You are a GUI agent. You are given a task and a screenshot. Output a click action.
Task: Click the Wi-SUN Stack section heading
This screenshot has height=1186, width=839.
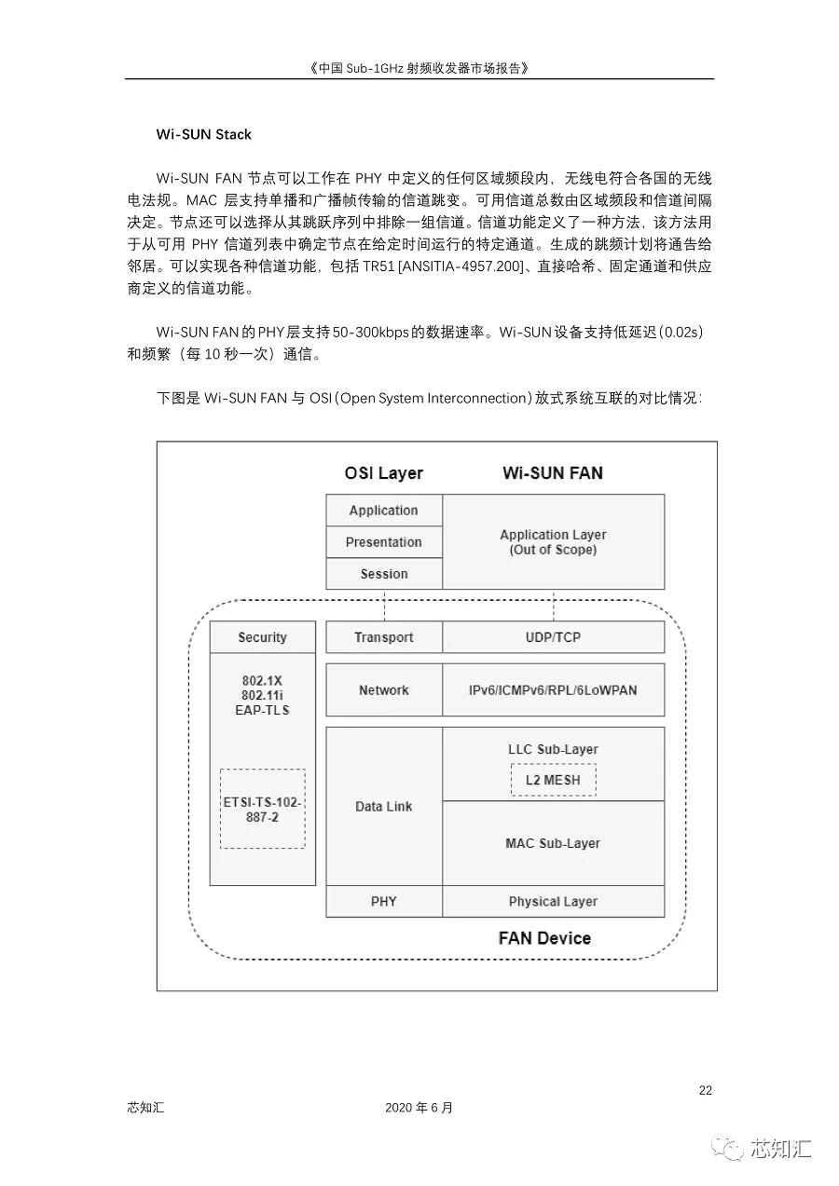[x=203, y=134]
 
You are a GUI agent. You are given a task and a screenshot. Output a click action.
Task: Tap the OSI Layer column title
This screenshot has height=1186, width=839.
[x=383, y=473]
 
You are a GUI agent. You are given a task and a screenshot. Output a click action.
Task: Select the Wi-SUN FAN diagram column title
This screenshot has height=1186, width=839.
[x=553, y=473]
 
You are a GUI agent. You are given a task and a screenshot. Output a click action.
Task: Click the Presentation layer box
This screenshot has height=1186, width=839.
[x=383, y=542]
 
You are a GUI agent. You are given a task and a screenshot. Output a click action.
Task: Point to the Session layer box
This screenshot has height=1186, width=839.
[x=383, y=574]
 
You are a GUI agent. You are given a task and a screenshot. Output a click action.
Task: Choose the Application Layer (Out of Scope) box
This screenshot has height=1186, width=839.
[x=553, y=542]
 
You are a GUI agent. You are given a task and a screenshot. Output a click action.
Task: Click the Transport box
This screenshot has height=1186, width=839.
[x=383, y=637]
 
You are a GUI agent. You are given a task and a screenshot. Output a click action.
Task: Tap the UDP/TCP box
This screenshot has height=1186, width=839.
[x=553, y=637]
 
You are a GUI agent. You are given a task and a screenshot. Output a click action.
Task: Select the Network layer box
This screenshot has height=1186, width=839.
[x=383, y=690]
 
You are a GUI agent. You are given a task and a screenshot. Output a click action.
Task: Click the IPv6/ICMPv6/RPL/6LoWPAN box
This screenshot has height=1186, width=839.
[x=553, y=690]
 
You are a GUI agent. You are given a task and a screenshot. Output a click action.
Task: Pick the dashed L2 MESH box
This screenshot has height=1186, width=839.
[x=553, y=780]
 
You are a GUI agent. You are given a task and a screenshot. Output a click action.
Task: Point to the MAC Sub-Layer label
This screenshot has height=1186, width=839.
[x=553, y=843]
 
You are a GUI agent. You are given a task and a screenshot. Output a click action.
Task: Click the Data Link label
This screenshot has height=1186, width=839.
[x=383, y=807]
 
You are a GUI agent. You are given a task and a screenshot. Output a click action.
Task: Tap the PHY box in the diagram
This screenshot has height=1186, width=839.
[x=383, y=902]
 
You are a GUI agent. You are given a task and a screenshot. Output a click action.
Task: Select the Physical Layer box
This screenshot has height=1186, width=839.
[x=553, y=902]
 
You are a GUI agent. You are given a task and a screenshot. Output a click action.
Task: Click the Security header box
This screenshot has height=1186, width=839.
[x=262, y=637]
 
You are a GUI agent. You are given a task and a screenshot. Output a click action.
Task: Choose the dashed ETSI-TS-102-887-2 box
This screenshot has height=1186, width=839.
[x=262, y=809]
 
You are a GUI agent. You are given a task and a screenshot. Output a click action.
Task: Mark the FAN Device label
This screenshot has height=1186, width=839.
[x=544, y=938]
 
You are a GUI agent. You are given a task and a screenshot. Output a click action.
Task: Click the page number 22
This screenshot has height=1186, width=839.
[x=706, y=1091]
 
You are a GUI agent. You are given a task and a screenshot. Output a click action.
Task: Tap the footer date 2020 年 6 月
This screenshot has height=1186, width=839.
[x=419, y=1108]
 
